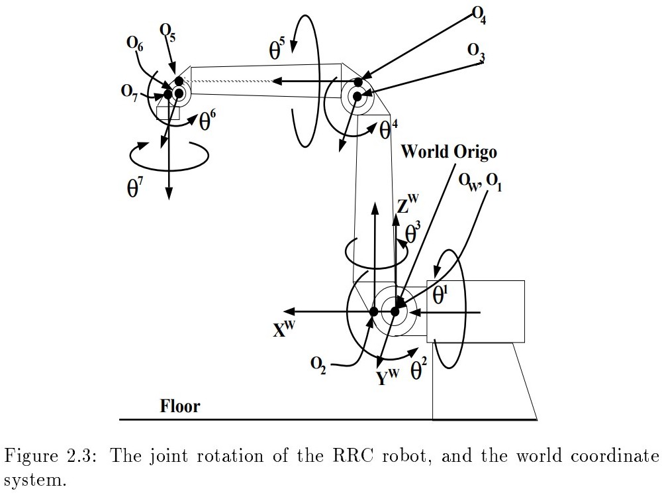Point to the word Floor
(x=179, y=406)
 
